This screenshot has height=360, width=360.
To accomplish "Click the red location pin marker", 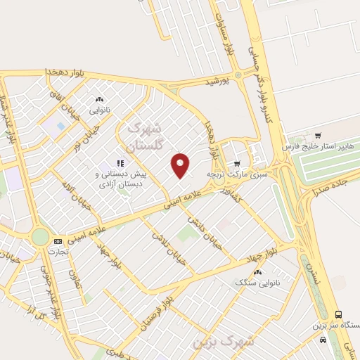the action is click(x=181, y=165).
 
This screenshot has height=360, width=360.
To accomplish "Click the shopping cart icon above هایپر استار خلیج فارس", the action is click(x=319, y=135).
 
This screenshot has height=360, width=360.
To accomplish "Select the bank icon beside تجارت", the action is click(x=58, y=241).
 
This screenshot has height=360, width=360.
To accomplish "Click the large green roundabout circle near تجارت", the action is click(x=41, y=237).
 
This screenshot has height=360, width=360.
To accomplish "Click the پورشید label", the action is click(x=217, y=82).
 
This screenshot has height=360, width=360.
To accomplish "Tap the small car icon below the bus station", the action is click(x=322, y=340).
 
